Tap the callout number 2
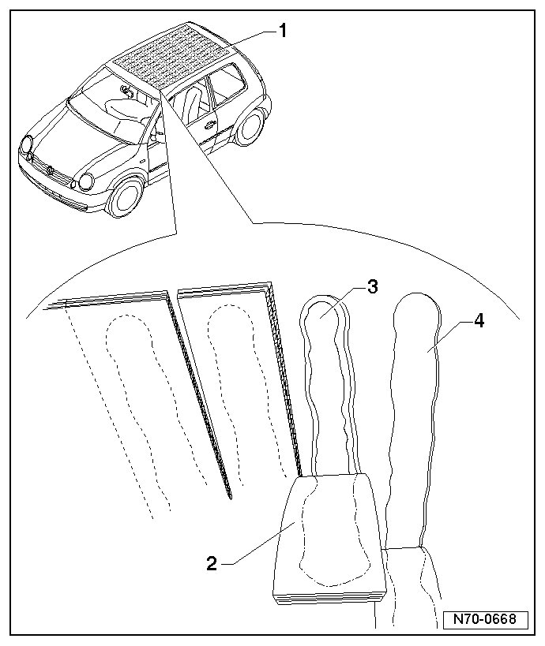tap(211, 563)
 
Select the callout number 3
tap(371, 287)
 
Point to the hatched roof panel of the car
tap(170, 55)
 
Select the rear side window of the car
tap(229, 79)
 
